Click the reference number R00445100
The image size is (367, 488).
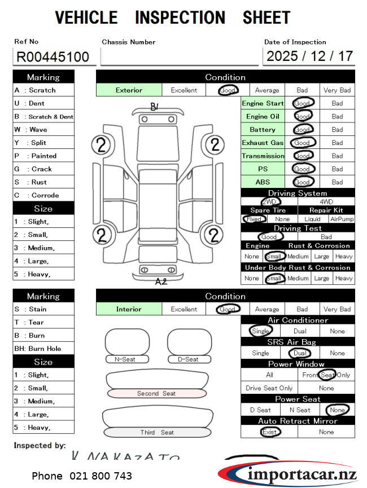(53, 56)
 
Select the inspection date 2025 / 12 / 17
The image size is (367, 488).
(309, 56)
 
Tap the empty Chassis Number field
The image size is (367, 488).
(180, 56)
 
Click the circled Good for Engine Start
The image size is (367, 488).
(303, 103)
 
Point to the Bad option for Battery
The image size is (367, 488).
(337, 130)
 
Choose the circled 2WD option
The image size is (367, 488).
(270, 201)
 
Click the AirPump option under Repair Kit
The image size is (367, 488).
(342, 219)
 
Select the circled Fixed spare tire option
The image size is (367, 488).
(254, 219)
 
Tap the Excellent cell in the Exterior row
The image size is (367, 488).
(184, 90)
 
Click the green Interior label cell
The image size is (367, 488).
(129, 309)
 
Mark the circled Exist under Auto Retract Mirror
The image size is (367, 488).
(269, 432)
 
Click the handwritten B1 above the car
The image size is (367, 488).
(154, 107)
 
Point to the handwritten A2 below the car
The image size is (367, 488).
(161, 282)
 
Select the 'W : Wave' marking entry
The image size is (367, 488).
(43, 130)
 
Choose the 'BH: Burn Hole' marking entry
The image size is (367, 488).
(43, 349)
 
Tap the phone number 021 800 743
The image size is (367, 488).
(82, 476)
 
